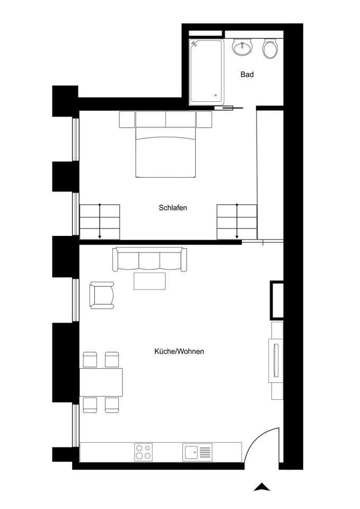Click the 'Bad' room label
point(247,74)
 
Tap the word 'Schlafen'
point(173,207)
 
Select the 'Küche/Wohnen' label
point(179,351)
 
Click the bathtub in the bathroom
point(206,72)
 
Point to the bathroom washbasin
point(242,47)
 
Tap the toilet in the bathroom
point(270,49)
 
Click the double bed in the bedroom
point(165,144)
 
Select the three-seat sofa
point(150,259)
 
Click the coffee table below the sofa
point(150,281)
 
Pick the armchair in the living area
point(102,295)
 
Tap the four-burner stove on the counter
point(144,452)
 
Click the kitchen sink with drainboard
point(197,452)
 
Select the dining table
point(101,382)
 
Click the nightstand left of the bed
point(127,119)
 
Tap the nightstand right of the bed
point(204,119)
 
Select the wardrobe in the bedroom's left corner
point(100,222)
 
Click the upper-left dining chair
point(90,359)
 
